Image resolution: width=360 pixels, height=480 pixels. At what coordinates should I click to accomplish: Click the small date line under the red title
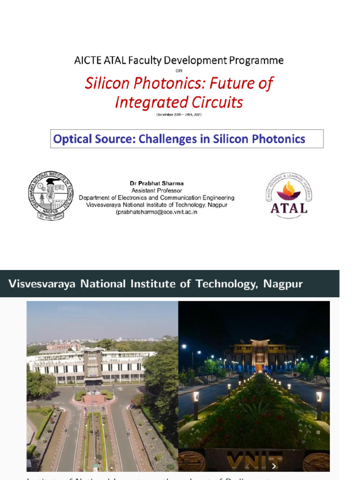(x=179, y=114)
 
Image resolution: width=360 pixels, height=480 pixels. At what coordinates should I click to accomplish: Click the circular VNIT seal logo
(x=50, y=195)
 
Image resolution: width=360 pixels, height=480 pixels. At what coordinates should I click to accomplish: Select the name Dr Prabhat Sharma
(x=157, y=183)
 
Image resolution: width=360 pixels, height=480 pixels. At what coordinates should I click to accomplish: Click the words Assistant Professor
(x=157, y=190)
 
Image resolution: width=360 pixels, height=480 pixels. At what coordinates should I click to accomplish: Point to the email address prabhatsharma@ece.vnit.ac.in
(x=157, y=212)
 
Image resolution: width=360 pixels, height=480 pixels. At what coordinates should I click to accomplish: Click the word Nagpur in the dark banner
(x=283, y=284)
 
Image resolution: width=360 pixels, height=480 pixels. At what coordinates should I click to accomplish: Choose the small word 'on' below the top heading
(x=179, y=71)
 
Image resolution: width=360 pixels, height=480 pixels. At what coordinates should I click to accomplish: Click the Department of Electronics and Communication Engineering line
(x=157, y=198)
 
